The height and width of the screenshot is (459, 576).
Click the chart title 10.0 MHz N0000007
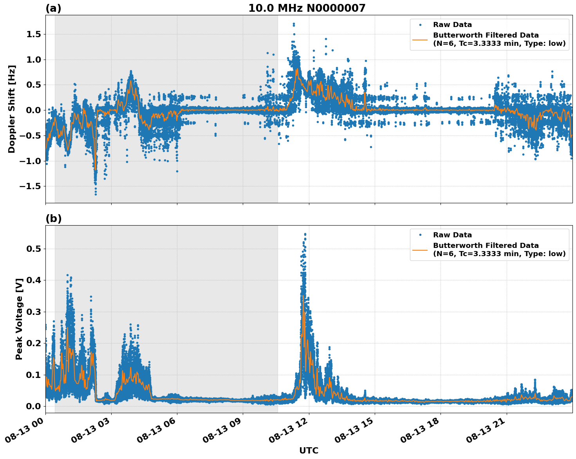[307, 8]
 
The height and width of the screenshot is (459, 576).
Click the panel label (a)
[53, 8]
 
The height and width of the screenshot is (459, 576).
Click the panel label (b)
[53, 219]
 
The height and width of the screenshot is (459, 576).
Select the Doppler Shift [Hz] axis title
[12, 109]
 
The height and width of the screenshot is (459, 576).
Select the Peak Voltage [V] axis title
[19, 319]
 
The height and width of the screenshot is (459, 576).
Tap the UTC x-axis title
[309, 450]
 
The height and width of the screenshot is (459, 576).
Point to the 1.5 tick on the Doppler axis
[33, 34]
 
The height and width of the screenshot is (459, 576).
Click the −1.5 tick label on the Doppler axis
[30, 186]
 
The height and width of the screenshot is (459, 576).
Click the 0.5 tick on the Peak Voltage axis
[33, 249]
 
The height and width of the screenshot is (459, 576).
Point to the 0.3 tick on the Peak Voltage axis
[33, 312]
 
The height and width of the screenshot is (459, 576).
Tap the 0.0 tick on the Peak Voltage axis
[33, 407]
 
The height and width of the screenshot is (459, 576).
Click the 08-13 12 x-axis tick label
[289, 430]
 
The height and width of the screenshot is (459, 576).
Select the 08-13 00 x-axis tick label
[25, 430]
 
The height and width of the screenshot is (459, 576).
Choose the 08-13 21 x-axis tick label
[486, 430]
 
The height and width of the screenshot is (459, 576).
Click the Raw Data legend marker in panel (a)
[420, 25]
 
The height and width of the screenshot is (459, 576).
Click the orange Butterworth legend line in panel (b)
[420, 249]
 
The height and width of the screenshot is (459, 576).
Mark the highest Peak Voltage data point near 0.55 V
[305, 234]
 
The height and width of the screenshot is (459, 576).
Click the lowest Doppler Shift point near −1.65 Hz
[96, 194]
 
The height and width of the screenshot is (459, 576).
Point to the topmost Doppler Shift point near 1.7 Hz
[294, 24]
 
